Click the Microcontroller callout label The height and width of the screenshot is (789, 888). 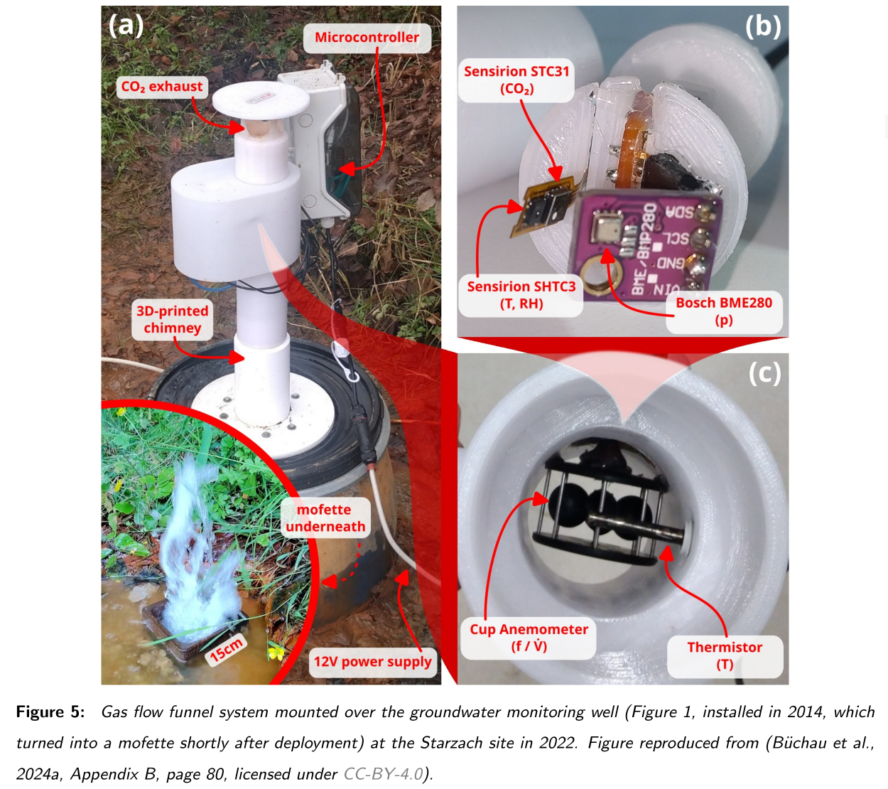pos(367,38)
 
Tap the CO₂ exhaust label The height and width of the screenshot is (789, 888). pos(162,87)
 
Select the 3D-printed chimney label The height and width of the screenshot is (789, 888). pos(173,320)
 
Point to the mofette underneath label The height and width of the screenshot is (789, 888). pos(325,518)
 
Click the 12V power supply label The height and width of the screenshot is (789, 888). pos(372,662)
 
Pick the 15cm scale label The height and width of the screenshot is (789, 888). pos(227,650)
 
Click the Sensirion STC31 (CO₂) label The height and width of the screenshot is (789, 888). pos(516,80)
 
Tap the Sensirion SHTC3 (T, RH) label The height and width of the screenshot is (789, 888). pos(521,295)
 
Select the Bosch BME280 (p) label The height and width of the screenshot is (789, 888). pos(723,311)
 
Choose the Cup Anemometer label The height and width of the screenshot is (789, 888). pos(529,638)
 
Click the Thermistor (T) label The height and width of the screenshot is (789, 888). pos(725,655)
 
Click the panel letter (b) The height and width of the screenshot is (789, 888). pos(763,26)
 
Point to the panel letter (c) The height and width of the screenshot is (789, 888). pos(764,372)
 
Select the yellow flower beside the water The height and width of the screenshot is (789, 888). pos(275,651)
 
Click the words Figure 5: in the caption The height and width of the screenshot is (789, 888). pos(50,712)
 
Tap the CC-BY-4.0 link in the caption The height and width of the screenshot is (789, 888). pos(384,774)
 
